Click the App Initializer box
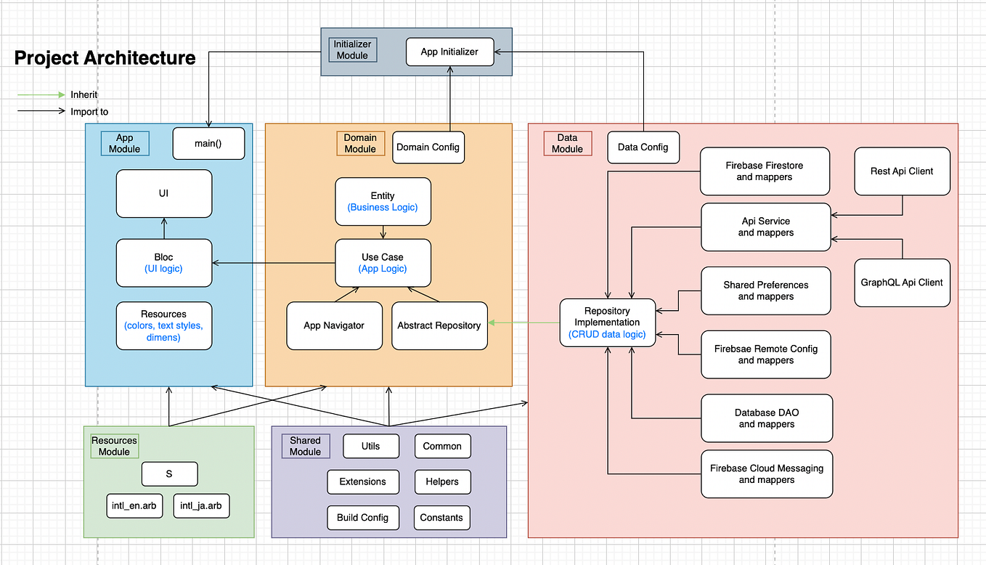(x=449, y=52)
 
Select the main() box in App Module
(x=208, y=143)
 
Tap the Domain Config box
(x=428, y=147)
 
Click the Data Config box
(x=643, y=147)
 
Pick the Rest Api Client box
(x=902, y=171)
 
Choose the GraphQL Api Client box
(x=902, y=282)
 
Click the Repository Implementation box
(x=607, y=322)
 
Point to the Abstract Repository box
(x=439, y=325)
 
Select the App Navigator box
(x=333, y=325)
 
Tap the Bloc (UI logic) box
(x=163, y=263)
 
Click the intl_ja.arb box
(x=201, y=505)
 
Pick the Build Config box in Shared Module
(x=362, y=517)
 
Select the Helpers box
(x=441, y=481)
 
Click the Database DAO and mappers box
(x=766, y=418)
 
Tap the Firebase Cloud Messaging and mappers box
(x=766, y=474)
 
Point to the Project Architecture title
(x=105, y=58)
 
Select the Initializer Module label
(x=352, y=49)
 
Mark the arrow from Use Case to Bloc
(x=273, y=263)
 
